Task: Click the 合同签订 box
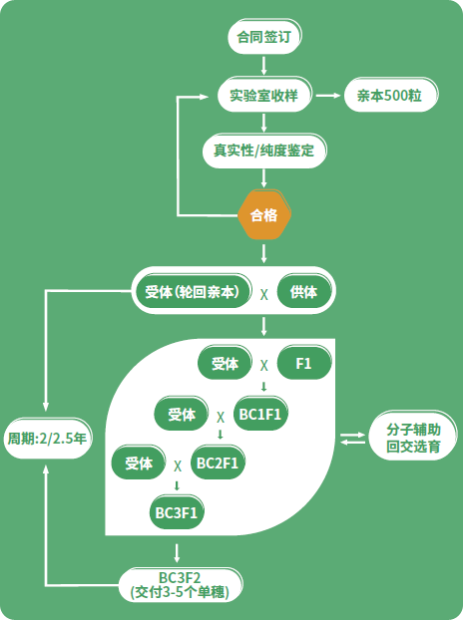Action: click(264, 37)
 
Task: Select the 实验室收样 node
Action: click(264, 95)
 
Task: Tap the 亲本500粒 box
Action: click(390, 95)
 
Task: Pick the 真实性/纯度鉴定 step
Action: click(264, 151)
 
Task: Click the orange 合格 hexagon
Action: click(264, 215)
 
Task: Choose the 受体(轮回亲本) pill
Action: click(193, 292)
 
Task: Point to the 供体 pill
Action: click(304, 292)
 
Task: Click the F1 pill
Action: click(304, 363)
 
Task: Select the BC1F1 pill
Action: click(260, 414)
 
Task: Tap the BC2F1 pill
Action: click(218, 463)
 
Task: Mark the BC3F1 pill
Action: click(177, 512)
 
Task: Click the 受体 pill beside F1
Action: click(225, 363)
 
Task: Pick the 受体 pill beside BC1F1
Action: click(182, 414)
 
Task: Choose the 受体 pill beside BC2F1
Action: click(139, 463)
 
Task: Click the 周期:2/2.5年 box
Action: click(48, 439)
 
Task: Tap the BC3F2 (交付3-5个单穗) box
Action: click(181, 585)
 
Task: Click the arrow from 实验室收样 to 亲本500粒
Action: click(328, 96)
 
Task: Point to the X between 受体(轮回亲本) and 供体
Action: click(264, 294)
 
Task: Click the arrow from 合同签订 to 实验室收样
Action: click(264, 66)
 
